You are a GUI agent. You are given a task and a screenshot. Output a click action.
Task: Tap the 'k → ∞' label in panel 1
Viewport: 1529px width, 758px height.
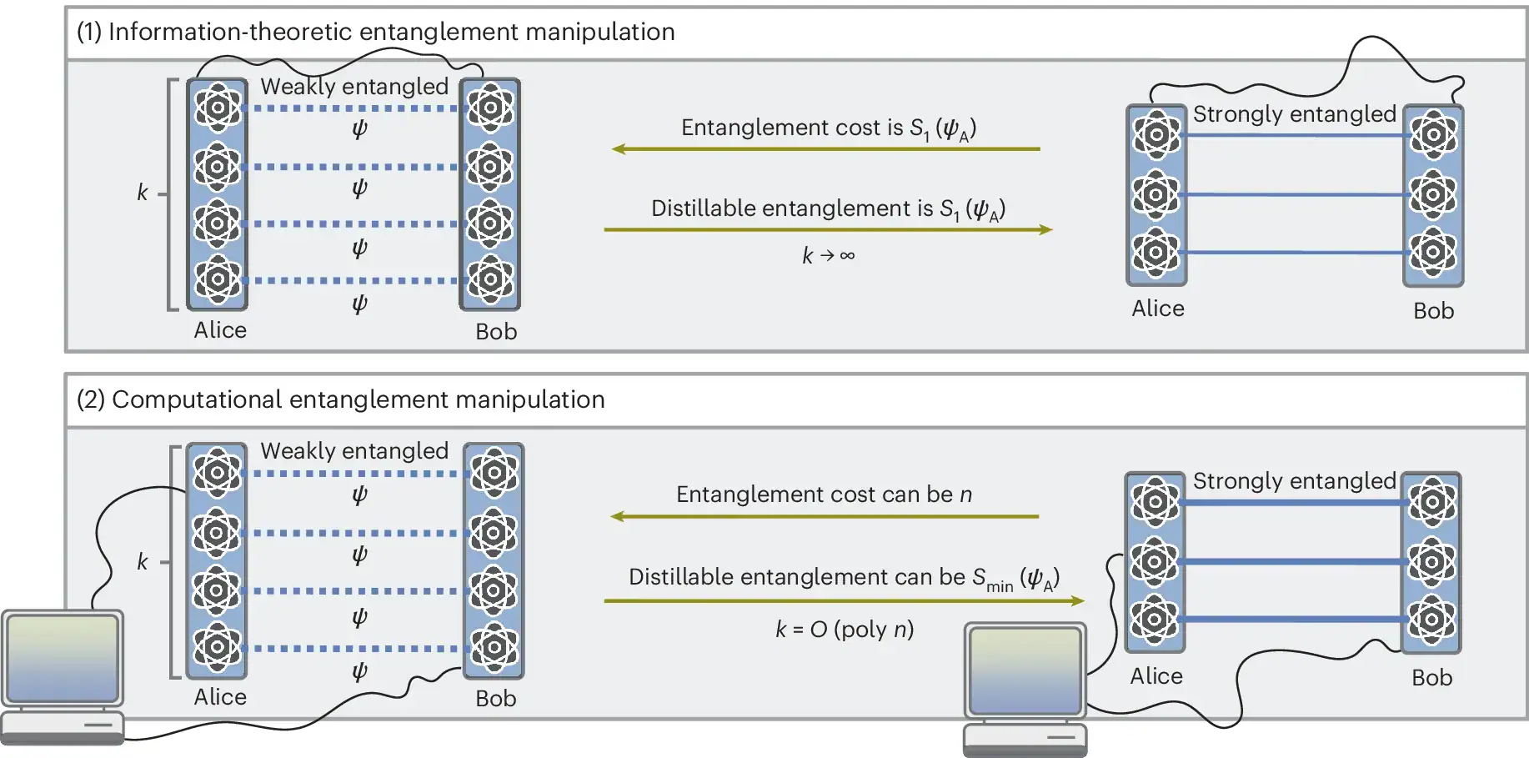click(828, 255)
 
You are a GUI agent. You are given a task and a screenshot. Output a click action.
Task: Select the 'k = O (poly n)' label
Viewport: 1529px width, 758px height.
click(844, 629)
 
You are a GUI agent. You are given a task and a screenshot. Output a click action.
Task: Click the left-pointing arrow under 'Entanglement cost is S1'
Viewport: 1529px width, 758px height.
click(825, 149)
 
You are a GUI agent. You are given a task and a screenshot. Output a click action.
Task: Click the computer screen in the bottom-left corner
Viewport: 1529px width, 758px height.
click(63, 659)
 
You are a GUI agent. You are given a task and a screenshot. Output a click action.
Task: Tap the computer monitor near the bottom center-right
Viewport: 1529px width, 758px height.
click(1025, 670)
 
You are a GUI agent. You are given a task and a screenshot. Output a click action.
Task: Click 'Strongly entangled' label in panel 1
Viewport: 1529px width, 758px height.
click(1294, 114)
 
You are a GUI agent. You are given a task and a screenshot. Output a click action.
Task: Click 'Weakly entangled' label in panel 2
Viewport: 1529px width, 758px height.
click(354, 451)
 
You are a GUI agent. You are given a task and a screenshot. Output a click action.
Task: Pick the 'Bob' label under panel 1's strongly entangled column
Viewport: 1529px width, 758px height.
click(1433, 311)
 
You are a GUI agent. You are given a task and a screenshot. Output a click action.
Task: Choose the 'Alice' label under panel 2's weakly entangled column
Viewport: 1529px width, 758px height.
click(220, 697)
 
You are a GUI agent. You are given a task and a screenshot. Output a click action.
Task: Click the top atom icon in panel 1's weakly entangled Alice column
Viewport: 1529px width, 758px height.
click(218, 108)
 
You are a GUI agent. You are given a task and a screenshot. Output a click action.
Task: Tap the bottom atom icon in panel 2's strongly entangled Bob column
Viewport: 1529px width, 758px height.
click(1431, 619)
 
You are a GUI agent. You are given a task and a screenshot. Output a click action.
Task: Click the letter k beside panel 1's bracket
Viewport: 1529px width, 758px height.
click(143, 193)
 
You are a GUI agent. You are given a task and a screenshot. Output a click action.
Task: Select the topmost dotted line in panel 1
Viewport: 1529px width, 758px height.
click(354, 108)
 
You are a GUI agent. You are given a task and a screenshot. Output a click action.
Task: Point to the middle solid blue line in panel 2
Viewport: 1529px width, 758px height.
click(1292, 561)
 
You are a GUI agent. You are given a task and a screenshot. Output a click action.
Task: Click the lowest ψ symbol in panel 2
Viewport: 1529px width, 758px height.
click(359, 672)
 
